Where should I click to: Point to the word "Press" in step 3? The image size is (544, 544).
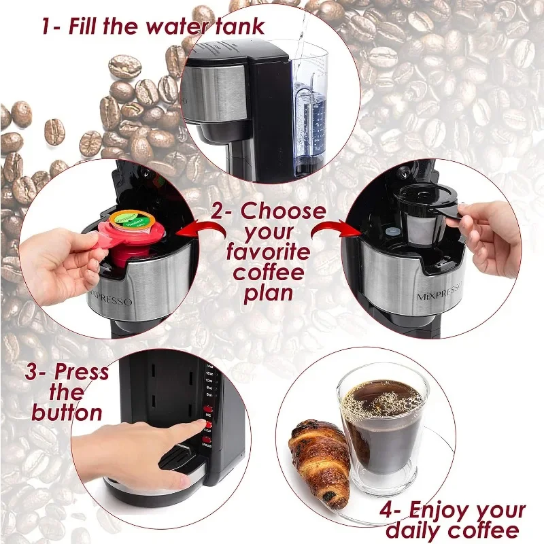point(81,373)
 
